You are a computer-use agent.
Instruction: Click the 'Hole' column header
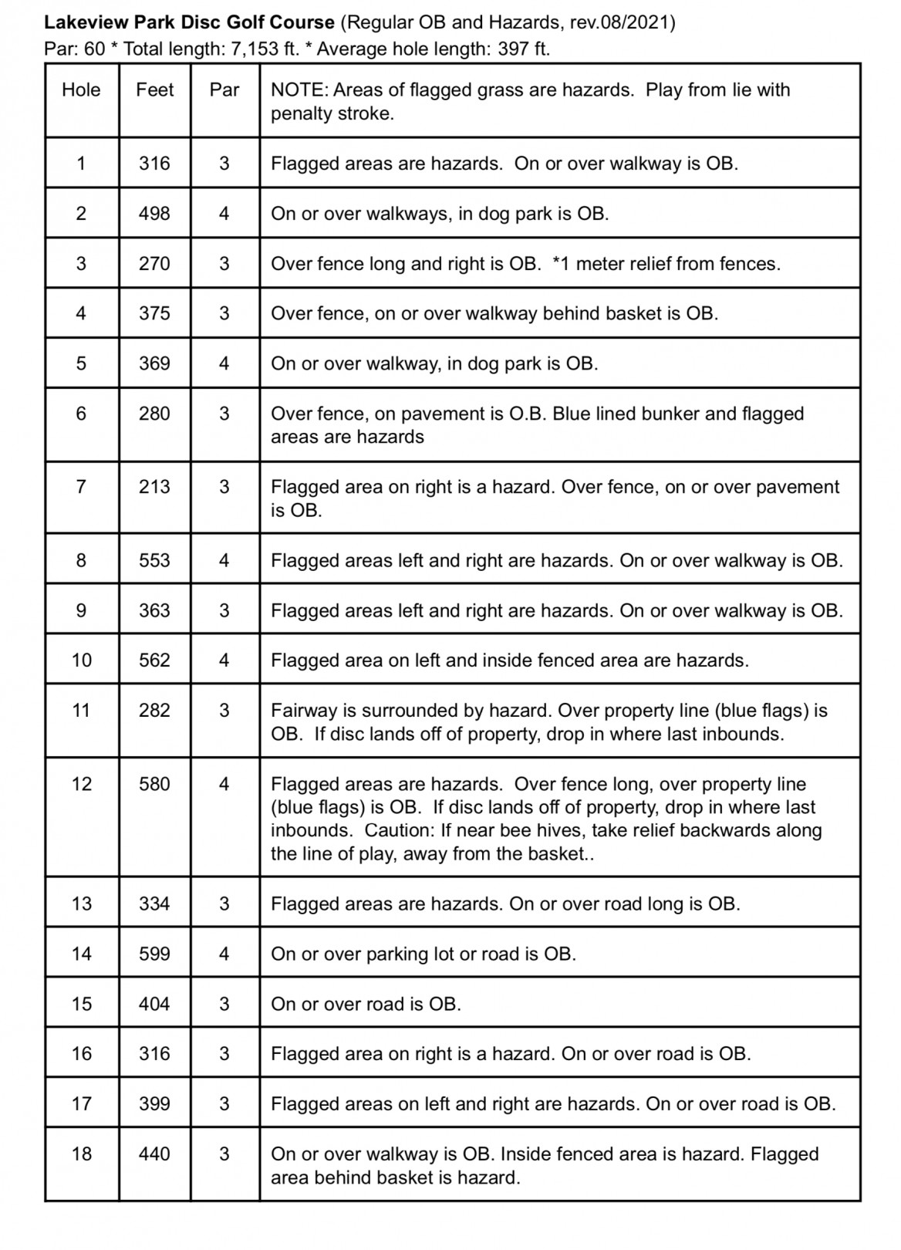click(x=81, y=90)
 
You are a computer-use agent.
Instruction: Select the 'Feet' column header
click(x=154, y=90)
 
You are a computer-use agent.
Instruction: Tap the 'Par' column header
click(x=224, y=90)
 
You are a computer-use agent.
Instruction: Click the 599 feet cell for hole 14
click(x=154, y=954)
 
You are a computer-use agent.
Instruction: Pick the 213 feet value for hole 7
click(x=154, y=487)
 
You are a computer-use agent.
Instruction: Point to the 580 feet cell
click(x=154, y=784)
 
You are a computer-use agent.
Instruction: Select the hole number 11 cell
click(x=81, y=711)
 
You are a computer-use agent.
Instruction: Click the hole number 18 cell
click(x=81, y=1154)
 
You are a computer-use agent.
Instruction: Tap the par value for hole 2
click(x=224, y=214)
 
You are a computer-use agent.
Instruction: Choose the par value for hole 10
click(x=224, y=660)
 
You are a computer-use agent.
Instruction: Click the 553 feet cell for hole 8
click(x=154, y=561)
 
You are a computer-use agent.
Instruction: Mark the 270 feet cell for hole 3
click(x=154, y=264)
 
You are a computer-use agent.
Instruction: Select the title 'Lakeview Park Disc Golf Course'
click(x=190, y=23)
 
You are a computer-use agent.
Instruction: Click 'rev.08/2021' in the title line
click(x=617, y=23)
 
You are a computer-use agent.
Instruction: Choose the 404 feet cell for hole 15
click(x=154, y=1004)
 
